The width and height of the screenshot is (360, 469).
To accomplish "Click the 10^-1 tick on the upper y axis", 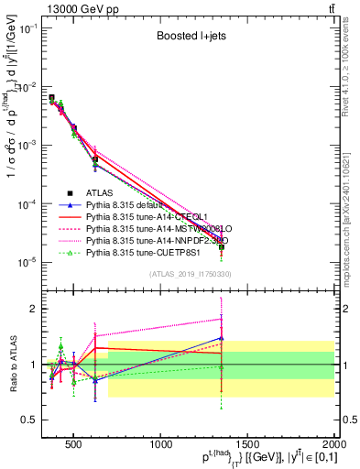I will click(x=29, y=28).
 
